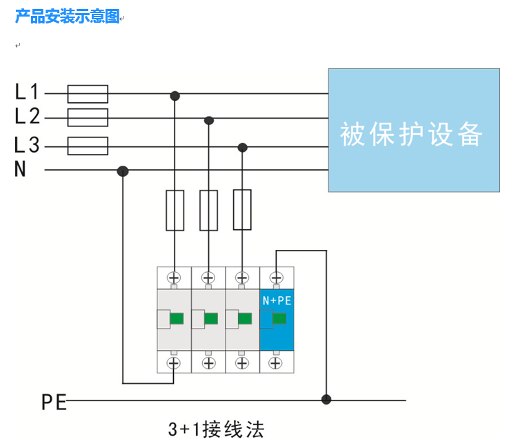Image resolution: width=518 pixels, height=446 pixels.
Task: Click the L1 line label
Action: point(27,91)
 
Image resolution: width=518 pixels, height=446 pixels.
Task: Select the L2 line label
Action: point(27,117)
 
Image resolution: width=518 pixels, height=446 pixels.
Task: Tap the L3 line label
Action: point(27,146)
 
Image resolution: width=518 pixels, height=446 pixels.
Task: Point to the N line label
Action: point(21,170)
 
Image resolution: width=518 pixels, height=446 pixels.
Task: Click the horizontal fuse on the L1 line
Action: point(88,93)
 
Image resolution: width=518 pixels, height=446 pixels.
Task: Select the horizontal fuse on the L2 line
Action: point(88,117)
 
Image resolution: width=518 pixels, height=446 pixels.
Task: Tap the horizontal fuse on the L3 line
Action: point(88,146)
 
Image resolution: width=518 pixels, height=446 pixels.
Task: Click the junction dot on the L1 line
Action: point(175,95)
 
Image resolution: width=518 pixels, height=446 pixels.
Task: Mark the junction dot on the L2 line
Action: point(209,121)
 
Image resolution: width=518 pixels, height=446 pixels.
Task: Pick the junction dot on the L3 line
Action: point(242,147)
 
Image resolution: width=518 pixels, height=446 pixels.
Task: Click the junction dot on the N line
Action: point(123,171)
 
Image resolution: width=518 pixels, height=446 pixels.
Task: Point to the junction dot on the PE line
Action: point(326,399)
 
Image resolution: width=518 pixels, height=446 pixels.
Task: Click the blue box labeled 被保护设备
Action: point(413,130)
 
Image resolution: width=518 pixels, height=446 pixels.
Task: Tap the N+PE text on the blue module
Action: point(277,301)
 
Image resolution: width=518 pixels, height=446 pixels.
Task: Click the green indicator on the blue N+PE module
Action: point(279,318)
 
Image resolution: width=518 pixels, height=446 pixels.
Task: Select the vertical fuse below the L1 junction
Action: point(175,210)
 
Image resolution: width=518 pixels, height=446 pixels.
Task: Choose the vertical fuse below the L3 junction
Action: point(242,210)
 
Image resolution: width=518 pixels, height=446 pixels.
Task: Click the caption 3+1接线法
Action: point(216,430)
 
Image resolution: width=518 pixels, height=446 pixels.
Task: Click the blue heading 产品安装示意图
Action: point(68,17)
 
